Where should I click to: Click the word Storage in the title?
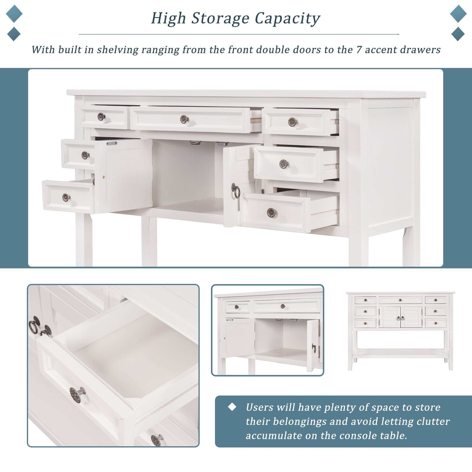point(220,19)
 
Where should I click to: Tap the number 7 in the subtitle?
point(359,50)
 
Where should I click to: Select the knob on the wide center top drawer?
point(184,119)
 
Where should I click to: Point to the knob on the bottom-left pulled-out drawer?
point(66,197)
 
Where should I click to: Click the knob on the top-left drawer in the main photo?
point(101,116)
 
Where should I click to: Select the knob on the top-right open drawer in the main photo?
point(292,122)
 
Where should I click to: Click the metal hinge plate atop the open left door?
point(112,143)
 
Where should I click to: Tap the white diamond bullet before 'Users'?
point(232,407)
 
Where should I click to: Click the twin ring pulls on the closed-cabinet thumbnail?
point(400,318)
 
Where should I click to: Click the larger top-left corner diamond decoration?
point(14,14)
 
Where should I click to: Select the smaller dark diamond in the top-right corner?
point(458,34)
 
